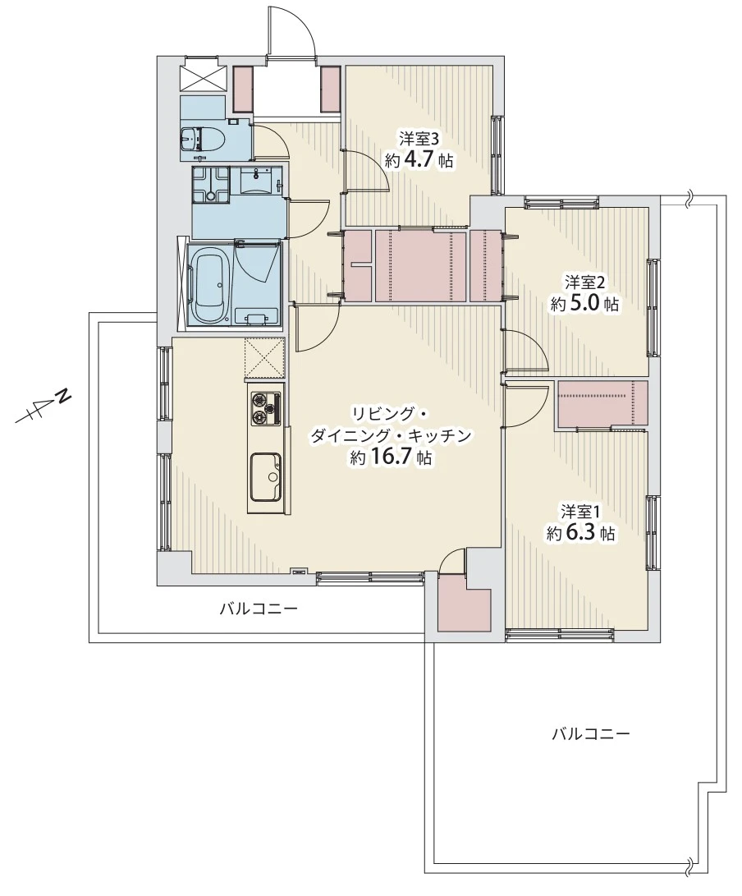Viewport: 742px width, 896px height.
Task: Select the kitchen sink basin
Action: pyautogui.click(x=265, y=476)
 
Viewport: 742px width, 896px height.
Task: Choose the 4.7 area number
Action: pyautogui.click(x=420, y=161)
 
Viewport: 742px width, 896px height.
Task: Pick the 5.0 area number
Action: pyautogui.click(x=584, y=303)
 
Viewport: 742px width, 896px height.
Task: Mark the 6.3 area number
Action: pyautogui.click(x=580, y=532)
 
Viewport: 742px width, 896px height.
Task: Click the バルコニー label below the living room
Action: pyautogui.click(x=259, y=609)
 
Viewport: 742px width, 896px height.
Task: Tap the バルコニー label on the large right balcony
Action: pyautogui.click(x=591, y=733)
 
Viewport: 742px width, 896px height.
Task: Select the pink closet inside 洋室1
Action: pyautogui.click(x=602, y=403)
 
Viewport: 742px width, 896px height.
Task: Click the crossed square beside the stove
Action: pyautogui.click(x=264, y=358)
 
